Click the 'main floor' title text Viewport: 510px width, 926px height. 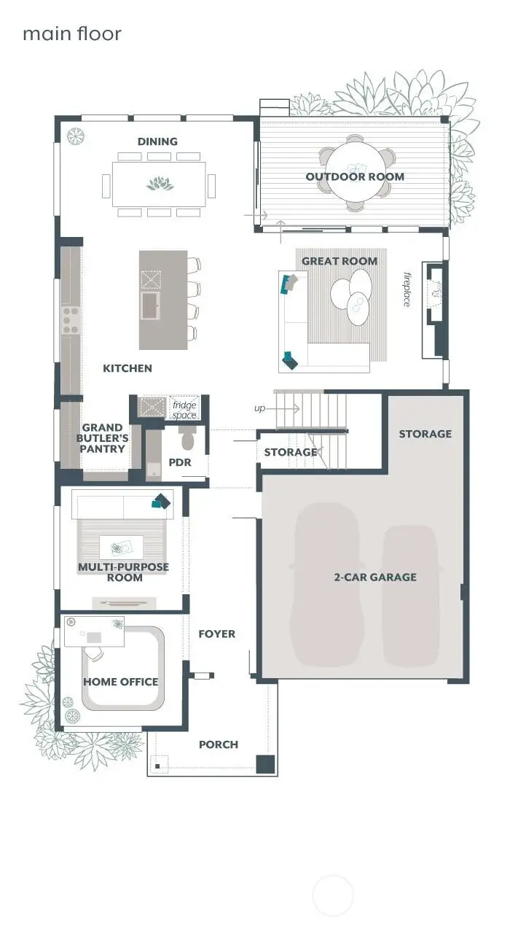(71, 34)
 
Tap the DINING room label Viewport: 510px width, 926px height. (157, 141)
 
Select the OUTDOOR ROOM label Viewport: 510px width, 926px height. (354, 176)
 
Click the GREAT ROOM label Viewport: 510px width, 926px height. (340, 261)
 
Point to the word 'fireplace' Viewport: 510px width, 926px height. (407, 289)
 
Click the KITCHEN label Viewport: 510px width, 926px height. (127, 368)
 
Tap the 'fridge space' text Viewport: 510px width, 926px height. (184, 410)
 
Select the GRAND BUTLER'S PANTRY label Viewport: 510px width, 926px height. (105, 438)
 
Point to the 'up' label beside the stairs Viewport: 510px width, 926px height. (259, 408)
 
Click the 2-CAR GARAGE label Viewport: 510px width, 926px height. (375, 577)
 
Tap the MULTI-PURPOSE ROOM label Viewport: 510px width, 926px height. (123, 572)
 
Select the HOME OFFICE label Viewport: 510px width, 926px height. (120, 682)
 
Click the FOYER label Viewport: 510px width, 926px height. (217, 634)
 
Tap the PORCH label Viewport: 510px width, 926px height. (219, 744)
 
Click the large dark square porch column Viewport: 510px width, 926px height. (265, 764)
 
